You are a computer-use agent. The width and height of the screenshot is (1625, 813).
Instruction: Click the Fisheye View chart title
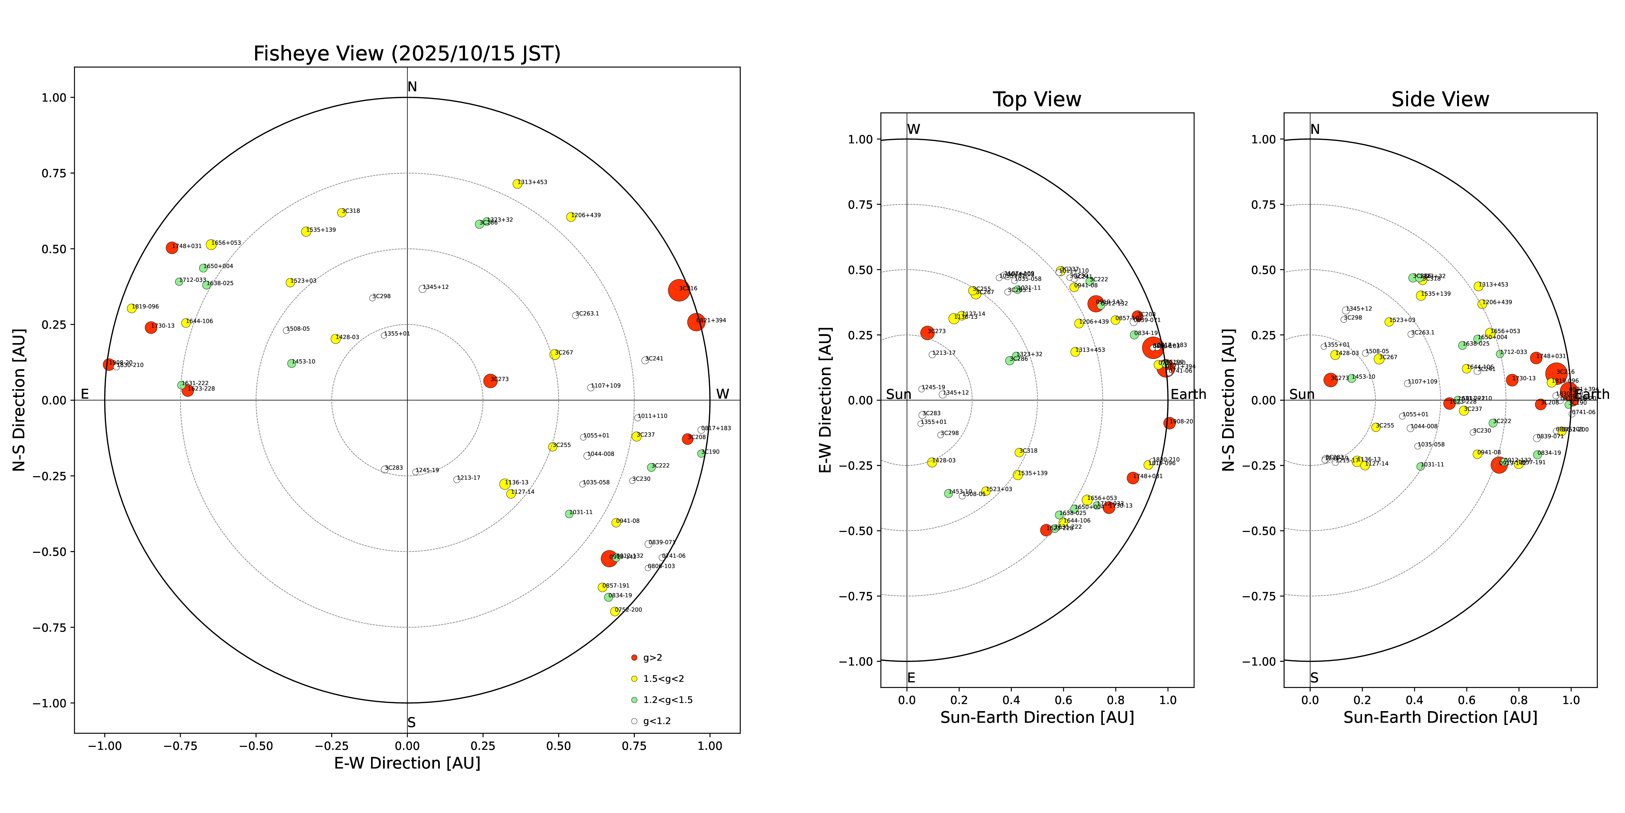point(407,54)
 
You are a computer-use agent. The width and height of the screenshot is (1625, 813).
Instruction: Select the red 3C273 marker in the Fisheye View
point(490,381)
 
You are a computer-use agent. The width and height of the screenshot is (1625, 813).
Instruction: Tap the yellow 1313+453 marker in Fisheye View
point(517,184)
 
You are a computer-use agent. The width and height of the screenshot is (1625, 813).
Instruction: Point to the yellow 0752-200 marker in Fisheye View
point(615,611)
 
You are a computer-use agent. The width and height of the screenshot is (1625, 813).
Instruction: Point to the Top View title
point(1036,100)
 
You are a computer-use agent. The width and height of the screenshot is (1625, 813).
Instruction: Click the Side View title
point(1440,100)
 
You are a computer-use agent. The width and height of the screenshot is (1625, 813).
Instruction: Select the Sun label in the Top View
point(898,395)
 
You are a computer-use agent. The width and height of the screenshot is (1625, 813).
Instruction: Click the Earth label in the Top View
point(1188,395)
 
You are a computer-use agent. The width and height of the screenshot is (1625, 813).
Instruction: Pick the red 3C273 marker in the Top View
point(927,333)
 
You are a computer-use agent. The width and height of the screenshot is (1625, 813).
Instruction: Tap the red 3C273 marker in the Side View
point(1330,380)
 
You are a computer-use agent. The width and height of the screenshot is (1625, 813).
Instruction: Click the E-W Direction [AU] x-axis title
point(407,763)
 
